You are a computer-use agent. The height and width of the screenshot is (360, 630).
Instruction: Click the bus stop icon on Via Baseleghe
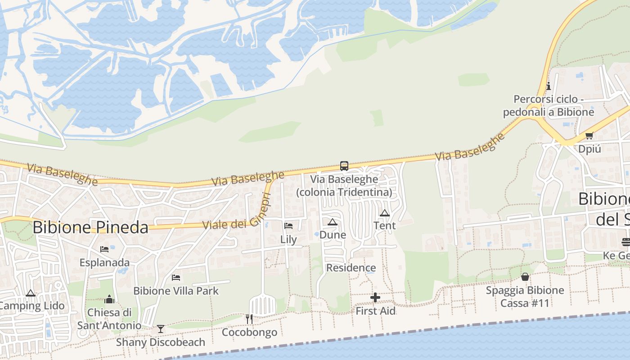click(344, 166)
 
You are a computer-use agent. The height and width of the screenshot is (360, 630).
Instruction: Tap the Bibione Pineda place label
click(90, 227)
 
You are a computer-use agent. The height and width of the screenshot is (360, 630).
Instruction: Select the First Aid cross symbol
click(375, 297)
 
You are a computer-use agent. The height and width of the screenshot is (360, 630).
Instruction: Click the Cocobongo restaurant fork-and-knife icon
click(249, 319)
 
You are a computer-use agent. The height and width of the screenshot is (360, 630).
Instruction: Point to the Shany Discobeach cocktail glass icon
click(160, 329)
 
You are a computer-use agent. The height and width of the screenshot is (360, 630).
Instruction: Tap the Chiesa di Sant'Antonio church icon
click(109, 299)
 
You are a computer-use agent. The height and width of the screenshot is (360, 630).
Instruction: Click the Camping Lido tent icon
click(31, 293)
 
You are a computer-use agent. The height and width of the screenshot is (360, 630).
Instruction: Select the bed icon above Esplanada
click(104, 249)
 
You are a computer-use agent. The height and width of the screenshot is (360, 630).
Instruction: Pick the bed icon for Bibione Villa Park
click(176, 277)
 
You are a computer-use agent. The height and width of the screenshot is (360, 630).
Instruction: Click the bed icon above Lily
click(288, 225)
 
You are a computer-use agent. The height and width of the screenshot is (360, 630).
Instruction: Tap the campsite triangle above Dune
click(333, 221)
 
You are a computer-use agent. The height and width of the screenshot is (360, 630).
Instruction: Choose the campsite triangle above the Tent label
click(385, 213)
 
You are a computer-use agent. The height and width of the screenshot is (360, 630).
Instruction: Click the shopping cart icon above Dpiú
click(589, 135)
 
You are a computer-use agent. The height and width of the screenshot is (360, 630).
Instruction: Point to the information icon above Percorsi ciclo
click(548, 86)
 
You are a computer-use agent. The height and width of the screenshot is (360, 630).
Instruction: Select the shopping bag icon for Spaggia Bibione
click(525, 277)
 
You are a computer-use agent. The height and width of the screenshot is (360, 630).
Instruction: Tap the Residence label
click(351, 268)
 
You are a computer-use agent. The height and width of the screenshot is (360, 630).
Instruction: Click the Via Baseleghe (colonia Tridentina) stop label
click(344, 185)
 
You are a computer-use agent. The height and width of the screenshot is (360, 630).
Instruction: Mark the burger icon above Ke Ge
click(625, 242)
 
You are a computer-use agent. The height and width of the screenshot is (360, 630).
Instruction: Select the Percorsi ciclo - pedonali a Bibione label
click(549, 105)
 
